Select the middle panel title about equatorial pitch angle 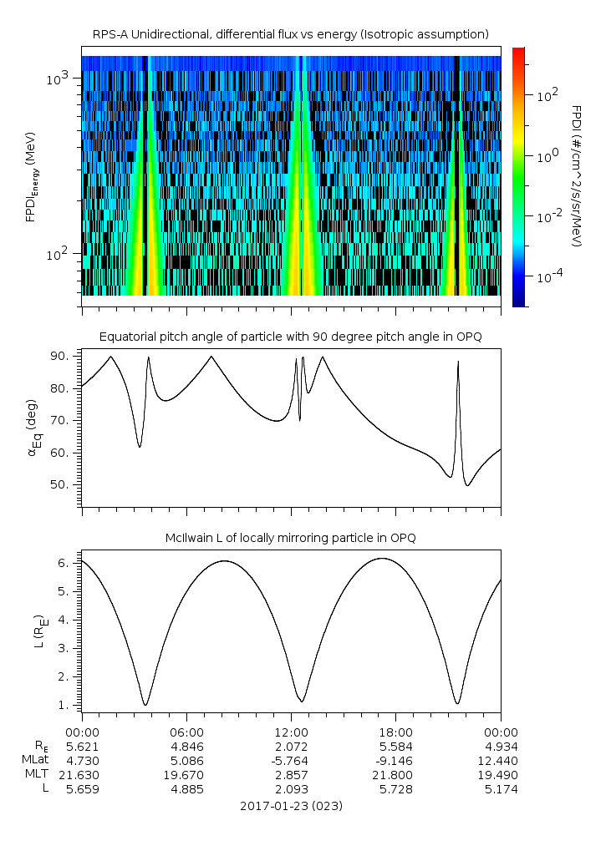[x=290, y=337]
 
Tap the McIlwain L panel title [x=290, y=538]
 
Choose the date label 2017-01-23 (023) [x=290, y=806]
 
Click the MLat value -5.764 [x=291, y=760]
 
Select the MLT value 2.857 [x=291, y=774]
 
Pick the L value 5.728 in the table [x=395, y=788]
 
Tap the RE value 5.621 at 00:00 [x=82, y=746]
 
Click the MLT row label [x=34, y=774]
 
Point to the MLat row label [x=36, y=760]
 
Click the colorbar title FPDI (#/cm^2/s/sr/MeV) [x=576, y=176]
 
